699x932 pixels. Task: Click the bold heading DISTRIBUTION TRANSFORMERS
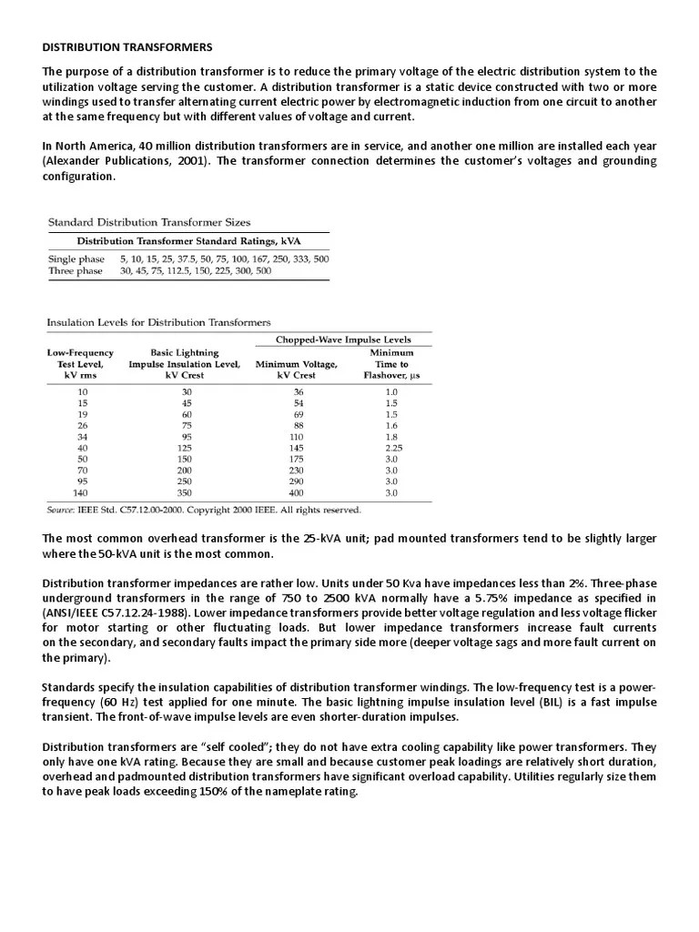pyautogui.click(x=127, y=46)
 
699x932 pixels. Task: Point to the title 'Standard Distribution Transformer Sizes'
pyautogui.click(x=148, y=222)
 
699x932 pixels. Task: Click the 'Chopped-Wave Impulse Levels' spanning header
pyautogui.click(x=350, y=339)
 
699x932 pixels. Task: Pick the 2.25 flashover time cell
pyautogui.click(x=390, y=449)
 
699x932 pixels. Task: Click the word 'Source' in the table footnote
pyautogui.click(x=62, y=510)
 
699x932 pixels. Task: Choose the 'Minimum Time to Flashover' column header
pyautogui.click(x=390, y=364)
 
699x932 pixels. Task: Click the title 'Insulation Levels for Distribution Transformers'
pyautogui.click(x=159, y=322)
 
